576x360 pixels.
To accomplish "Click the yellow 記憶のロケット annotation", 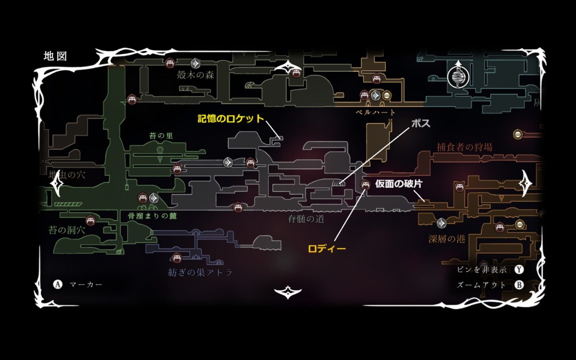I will click(230, 118).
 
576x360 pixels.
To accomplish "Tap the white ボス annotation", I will click(420, 123).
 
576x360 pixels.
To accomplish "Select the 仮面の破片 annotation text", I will click(398, 184).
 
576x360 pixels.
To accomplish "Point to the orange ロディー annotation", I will click(327, 248).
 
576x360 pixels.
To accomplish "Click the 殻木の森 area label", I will click(195, 75).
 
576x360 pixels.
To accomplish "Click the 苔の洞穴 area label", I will click(67, 230).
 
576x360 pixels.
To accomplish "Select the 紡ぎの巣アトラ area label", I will click(200, 273).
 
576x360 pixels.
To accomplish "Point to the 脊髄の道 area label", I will click(306, 218).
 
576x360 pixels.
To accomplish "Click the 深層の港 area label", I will click(446, 239).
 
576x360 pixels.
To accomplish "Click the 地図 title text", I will click(55, 56).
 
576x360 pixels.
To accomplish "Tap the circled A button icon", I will click(57, 284).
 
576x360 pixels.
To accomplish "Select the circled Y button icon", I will click(519, 269).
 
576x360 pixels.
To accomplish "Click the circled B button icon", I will click(519, 285).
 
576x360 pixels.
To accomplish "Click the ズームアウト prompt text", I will click(481, 285).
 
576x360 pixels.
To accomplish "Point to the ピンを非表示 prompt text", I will click(481, 269).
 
